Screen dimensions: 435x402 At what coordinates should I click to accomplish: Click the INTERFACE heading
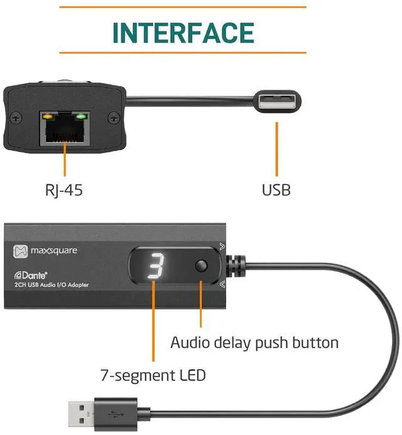click(x=183, y=32)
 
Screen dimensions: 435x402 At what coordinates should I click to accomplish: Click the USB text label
click(x=276, y=189)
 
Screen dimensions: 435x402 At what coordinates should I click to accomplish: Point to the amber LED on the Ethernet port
click(x=46, y=116)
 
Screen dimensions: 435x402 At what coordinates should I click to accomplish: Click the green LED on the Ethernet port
click(x=80, y=116)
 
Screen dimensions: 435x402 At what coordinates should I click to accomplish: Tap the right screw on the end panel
click(x=113, y=117)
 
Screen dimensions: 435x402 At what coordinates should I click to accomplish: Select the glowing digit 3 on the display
click(x=155, y=268)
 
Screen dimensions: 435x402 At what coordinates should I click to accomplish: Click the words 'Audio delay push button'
click(x=254, y=343)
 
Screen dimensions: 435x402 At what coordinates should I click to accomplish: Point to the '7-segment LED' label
click(x=153, y=376)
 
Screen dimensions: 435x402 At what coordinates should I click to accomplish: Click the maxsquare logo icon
click(x=21, y=251)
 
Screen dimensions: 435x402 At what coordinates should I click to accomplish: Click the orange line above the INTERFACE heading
click(x=182, y=7)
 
